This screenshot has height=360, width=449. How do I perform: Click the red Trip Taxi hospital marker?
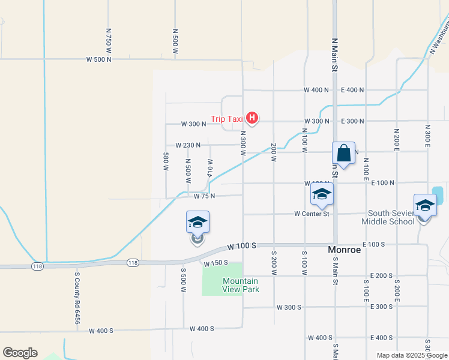[253, 118]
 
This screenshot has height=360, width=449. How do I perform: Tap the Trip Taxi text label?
[227, 119]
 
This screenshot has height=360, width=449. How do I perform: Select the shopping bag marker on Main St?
[343, 154]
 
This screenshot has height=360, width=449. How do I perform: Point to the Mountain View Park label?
[240, 285]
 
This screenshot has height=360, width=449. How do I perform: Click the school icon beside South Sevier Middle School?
[425, 205]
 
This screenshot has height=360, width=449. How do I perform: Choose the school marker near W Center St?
[322, 195]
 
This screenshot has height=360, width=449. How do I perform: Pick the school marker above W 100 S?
[197, 223]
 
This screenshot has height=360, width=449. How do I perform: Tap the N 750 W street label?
[109, 41]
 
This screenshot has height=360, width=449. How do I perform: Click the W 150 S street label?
[217, 263]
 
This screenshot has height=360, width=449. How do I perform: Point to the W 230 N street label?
[188, 145]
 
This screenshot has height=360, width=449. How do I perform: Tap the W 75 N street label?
[204, 196]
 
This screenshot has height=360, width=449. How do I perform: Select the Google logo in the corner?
[20, 353]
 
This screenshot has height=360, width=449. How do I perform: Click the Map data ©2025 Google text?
[411, 355]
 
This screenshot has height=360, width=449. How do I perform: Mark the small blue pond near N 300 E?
[438, 194]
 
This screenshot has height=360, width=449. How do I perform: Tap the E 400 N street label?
[352, 90]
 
